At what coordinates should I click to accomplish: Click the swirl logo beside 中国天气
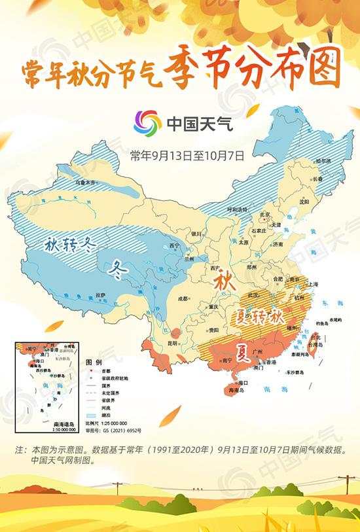tap(147, 123)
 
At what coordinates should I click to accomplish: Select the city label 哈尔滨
tap(323, 160)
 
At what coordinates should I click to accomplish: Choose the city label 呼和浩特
tap(236, 209)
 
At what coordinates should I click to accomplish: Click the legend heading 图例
tap(94, 361)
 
